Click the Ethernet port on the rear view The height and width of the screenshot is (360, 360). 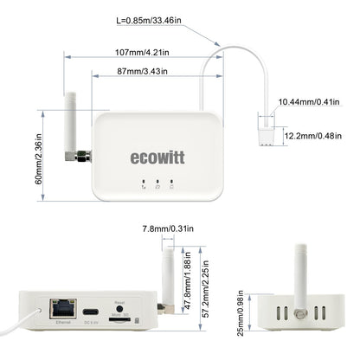click(62, 309)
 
